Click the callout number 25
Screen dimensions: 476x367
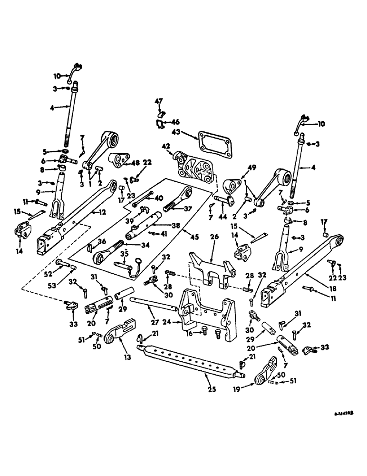click(212, 389)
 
